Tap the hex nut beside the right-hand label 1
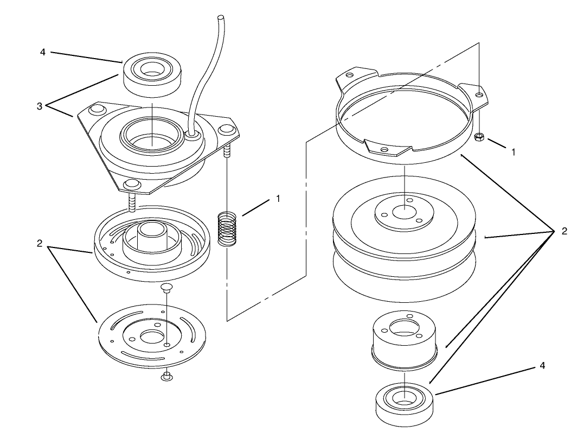click(x=479, y=137)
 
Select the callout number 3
click(x=40, y=106)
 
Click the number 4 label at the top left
click(x=43, y=52)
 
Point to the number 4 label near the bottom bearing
click(x=542, y=366)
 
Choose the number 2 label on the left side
click(x=40, y=244)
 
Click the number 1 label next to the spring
click(x=278, y=199)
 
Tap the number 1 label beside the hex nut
click(x=513, y=153)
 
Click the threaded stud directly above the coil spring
click(x=227, y=151)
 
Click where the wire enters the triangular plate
click(x=190, y=133)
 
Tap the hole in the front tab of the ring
click(x=384, y=149)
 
